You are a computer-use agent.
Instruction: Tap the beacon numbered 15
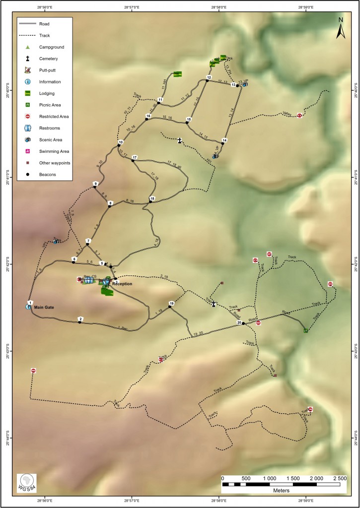click(188, 122)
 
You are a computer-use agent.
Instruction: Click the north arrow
click(341, 28)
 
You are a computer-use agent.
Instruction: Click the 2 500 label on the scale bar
click(339, 477)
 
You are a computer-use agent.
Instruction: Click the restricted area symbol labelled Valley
click(299, 116)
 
